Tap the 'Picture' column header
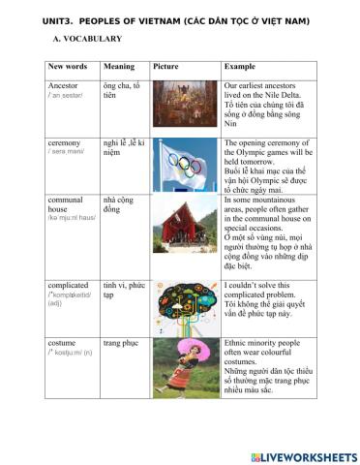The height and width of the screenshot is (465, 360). pyautogui.click(x=165, y=68)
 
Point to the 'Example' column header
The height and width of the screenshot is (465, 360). pyautogui.click(x=239, y=68)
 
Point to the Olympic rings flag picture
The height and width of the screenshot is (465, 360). pyautogui.click(x=184, y=166)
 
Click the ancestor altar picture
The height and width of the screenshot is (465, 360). pyautogui.click(x=184, y=104)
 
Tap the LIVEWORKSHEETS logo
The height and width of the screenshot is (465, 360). pyautogui.click(x=303, y=455)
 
